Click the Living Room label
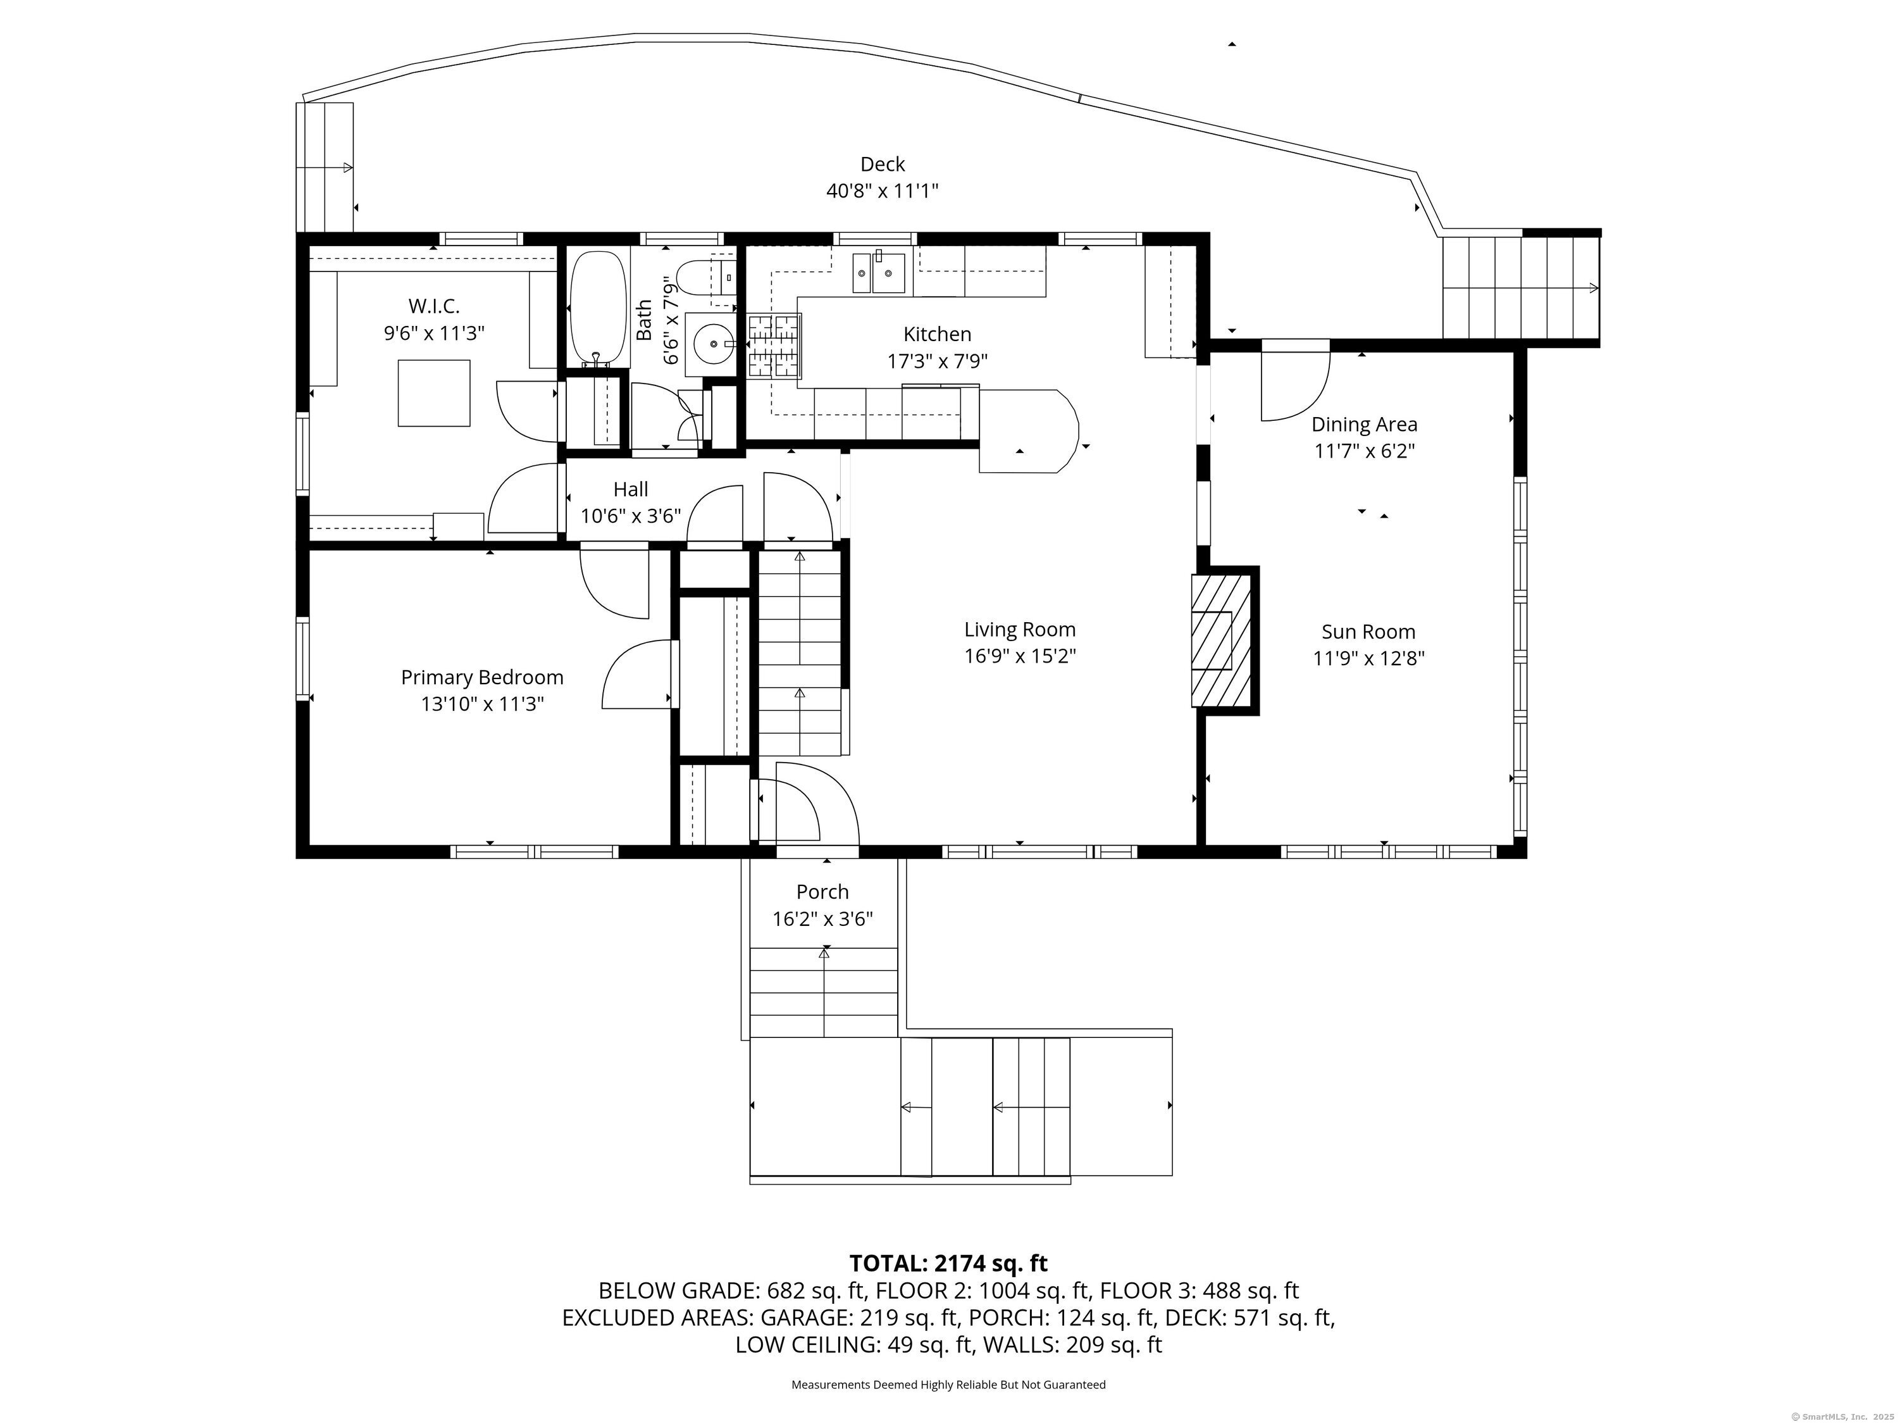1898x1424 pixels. [x=1019, y=629]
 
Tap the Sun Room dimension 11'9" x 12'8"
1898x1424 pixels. [x=1368, y=658]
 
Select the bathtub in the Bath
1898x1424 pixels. [x=598, y=306]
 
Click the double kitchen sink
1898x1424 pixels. [x=879, y=272]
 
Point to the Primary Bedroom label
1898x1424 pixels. [x=482, y=677]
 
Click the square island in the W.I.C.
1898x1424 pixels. [x=434, y=393]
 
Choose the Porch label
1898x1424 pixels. [x=822, y=892]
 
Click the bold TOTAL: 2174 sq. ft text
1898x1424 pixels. [x=948, y=1263]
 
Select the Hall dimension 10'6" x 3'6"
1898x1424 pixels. [x=631, y=516]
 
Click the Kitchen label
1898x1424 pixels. [x=937, y=334]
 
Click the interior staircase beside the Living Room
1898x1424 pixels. [x=800, y=653]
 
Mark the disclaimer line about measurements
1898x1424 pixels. [x=948, y=1385]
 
